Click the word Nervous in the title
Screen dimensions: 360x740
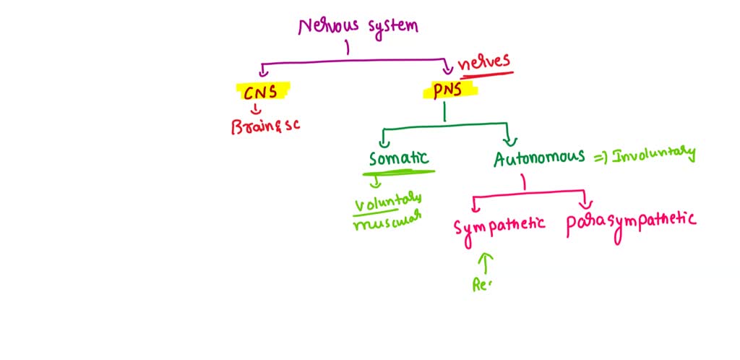324,27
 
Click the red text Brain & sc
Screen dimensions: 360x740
264,125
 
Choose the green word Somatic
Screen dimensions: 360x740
398,158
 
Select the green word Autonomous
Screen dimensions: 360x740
539,158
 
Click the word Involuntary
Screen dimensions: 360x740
653,154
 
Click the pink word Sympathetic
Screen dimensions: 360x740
499,226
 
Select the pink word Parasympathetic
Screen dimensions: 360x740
631,219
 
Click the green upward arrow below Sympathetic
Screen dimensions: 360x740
485,261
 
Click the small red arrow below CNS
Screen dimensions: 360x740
254,109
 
